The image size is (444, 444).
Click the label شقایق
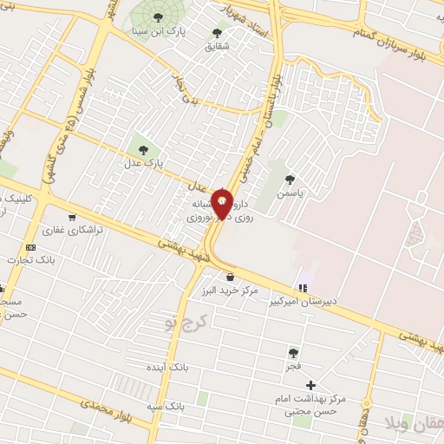click(x=217, y=48)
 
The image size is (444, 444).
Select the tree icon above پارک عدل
click(x=143, y=149)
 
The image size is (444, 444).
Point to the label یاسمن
click(x=291, y=195)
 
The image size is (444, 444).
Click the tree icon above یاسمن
click(x=290, y=180)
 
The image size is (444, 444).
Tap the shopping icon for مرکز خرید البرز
click(x=229, y=277)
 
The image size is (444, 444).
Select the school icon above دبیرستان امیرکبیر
click(x=303, y=287)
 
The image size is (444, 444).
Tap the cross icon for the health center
click(x=311, y=384)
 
